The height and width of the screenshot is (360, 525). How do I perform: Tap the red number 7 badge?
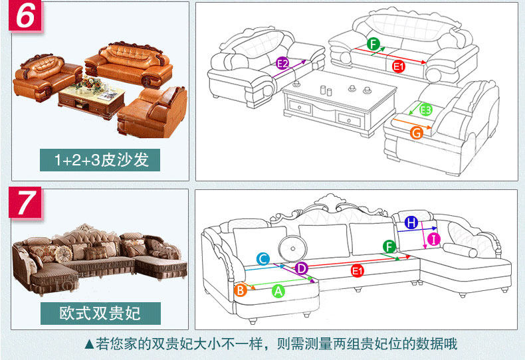[x=25, y=203]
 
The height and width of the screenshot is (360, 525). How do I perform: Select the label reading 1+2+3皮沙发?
[x=102, y=160]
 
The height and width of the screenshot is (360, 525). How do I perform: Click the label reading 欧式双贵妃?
[x=100, y=312]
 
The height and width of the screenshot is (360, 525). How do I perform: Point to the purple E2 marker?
[x=282, y=64]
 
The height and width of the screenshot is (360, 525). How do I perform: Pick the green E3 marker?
[x=426, y=110]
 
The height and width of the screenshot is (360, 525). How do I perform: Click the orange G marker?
[x=417, y=133]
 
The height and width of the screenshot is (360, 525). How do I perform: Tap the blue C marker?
[x=263, y=259]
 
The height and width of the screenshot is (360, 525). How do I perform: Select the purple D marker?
[x=301, y=268]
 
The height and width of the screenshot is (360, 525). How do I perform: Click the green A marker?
[x=278, y=290]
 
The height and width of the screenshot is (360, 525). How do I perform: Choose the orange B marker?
[x=241, y=290]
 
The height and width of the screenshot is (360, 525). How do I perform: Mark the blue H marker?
[x=411, y=223]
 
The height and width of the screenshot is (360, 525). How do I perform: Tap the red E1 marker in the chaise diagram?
[x=358, y=270]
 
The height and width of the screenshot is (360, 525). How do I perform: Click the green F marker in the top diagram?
[x=373, y=45]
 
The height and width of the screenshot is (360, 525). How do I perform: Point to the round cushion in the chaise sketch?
[x=290, y=248]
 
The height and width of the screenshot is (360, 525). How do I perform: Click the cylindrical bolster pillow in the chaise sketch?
[x=460, y=250]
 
